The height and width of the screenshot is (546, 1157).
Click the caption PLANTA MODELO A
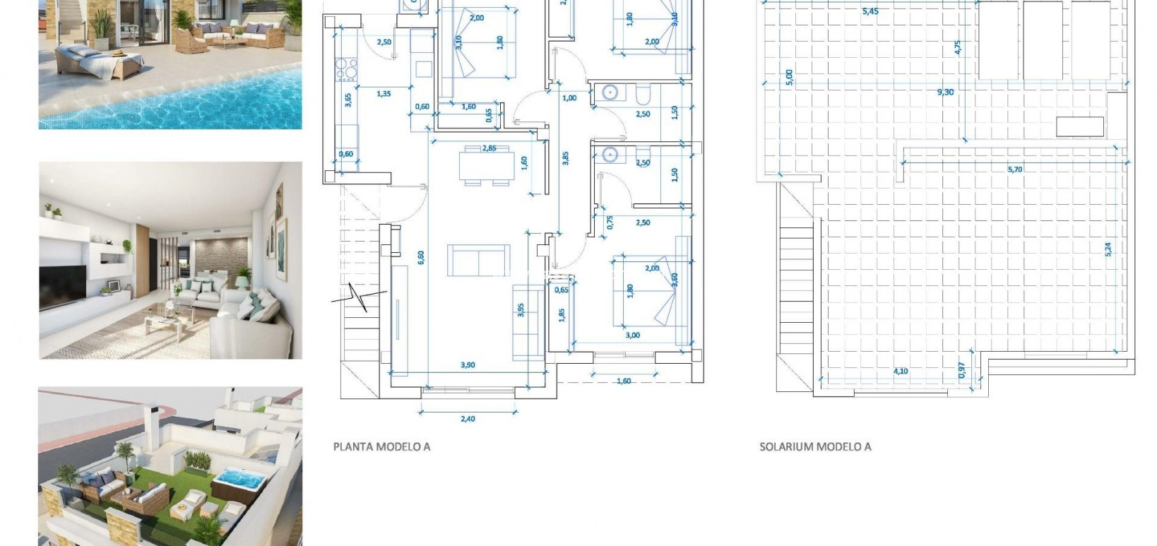(381, 446)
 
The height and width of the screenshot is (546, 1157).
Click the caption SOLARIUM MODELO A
(815, 446)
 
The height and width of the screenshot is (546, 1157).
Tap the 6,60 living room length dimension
(421, 257)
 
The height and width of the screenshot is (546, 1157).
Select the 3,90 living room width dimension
(468, 365)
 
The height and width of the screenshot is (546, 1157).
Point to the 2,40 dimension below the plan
(468, 419)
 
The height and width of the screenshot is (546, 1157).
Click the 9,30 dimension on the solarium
(945, 92)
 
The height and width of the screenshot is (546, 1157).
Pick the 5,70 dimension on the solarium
(1014, 169)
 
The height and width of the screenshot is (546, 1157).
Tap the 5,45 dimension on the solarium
(870, 11)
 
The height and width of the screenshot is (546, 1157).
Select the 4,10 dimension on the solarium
(901, 371)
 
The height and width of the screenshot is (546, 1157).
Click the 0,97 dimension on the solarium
(962, 370)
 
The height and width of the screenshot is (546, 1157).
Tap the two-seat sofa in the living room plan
(478, 261)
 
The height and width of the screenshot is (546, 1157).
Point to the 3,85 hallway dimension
(565, 158)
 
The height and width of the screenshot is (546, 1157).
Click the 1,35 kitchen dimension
(384, 93)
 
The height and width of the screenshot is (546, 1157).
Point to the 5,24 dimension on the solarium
(1108, 250)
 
